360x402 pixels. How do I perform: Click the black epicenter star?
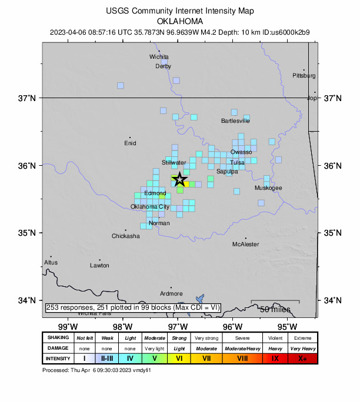[x=179, y=179]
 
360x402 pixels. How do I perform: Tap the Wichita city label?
[x=159, y=57]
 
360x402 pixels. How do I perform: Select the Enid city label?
[x=130, y=143]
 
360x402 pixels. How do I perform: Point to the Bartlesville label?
[x=235, y=121]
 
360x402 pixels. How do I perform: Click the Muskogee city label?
[x=268, y=188]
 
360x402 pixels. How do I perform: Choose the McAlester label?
[x=245, y=244]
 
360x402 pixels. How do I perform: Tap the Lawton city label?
[x=99, y=266]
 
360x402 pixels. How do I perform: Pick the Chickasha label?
[x=126, y=236]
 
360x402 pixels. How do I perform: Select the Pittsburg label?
[x=304, y=76]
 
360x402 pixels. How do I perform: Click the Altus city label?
[x=51, y=262]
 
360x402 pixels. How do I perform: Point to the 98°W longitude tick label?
[x=122, y=327]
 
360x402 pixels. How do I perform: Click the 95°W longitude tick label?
[x=287, y=327]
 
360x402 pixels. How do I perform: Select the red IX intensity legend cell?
[x=275, y=358]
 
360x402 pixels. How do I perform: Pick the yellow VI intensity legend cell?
[x=179, y=358]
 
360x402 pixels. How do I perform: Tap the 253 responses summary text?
[x=132, y=307]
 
